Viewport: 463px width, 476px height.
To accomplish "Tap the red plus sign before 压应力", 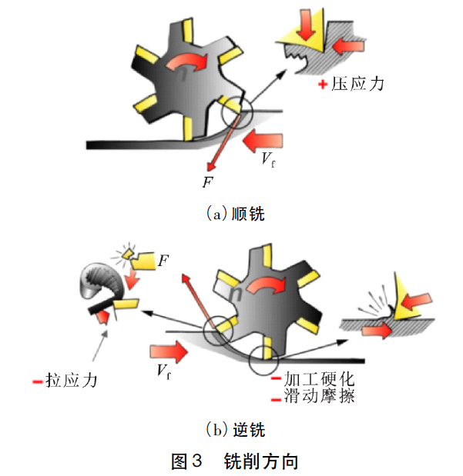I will (323, 83).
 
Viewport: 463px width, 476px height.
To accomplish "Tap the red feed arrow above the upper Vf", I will (263, 139).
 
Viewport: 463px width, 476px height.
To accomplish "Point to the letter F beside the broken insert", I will (163, 262).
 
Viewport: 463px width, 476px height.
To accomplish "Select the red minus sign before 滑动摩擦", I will (275, 398).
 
